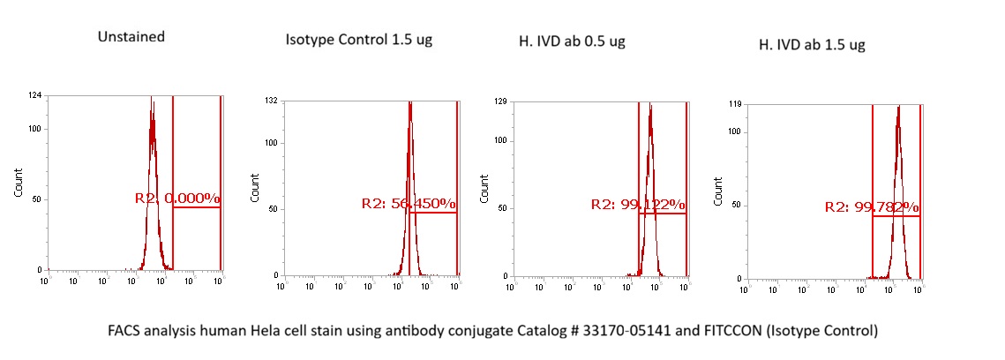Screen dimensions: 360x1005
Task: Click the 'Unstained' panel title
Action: tap(132, 36)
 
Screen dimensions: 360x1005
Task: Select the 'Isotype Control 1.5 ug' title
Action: tap(359, 41)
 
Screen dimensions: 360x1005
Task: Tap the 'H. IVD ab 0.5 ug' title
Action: tap(573, 41)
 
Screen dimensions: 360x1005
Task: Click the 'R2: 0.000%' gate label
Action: tap(176, 199)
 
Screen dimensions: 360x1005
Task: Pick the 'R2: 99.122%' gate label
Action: tap(637, 205)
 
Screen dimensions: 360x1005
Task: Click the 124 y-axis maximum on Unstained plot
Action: tap(35, 96)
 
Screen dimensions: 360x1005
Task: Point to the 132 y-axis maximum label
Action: tap(272, 101)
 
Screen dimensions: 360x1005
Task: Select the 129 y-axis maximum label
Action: tap(501, 103)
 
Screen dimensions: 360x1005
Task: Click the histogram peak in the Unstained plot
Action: tap(152, 99)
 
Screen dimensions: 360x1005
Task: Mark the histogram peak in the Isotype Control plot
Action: tap(410, 104)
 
